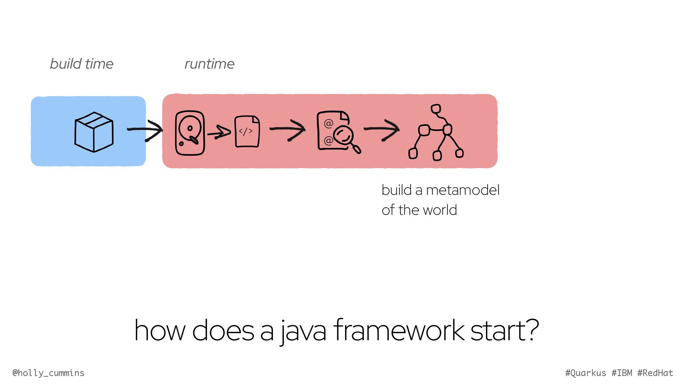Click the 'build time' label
click(x=81, y=64)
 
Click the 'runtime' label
click(x=209, y=64)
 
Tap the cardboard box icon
click(x=94, y=132)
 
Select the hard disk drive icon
click(x=190, y=133)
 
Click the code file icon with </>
click(x=247, y=131)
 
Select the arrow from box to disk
click(x=145, y=130)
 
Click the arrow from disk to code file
click(x=219, y=133)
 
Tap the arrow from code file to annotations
click(x=287, y=129)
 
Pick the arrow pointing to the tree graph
click(x=382, y=129)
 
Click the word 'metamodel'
click(x=463, y=190)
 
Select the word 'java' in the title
click(x=303, y=331)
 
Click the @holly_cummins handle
click(x=49, y=373)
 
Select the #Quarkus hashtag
click(x=586, y=373)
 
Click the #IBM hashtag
click(x=622, y=373)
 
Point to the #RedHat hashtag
click(x=655, y=373)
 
